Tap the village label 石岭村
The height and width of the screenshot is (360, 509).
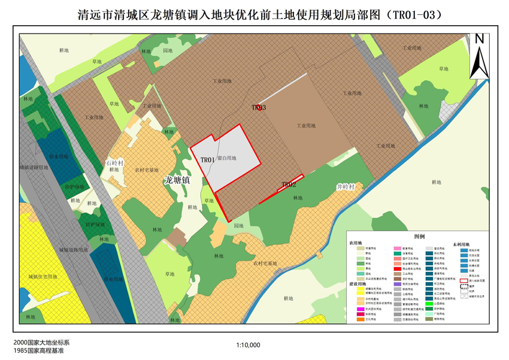tap(114, 162)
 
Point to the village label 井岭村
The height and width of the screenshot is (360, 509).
tap(346, 187)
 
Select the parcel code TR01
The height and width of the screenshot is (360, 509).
tap(207, 160)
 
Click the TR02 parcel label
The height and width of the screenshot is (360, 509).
tap(289, 184)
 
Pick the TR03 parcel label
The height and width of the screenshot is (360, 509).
tap(258, 108)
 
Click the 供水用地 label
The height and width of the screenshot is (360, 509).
tap(59, 156)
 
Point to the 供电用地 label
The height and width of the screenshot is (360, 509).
tap(113, 279)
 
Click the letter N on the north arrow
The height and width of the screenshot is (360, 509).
tap(479, 39)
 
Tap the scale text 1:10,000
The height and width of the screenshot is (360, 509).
tap(249, 345)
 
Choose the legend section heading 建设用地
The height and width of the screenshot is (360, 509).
tap(358, 283)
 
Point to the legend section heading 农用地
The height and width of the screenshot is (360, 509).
tap(355, 243)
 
